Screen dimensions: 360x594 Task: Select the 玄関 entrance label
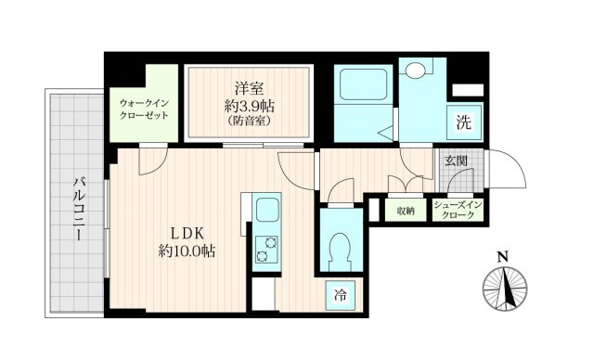[456, 161]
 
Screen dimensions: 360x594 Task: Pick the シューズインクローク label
[458, 210]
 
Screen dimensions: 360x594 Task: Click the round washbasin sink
[416, 71]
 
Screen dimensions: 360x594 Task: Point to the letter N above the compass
[502, 257]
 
